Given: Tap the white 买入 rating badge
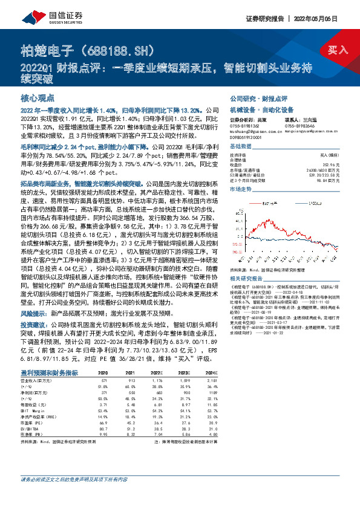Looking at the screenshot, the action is (x=338, y=49).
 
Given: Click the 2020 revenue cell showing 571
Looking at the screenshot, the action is (x=103, y=363).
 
